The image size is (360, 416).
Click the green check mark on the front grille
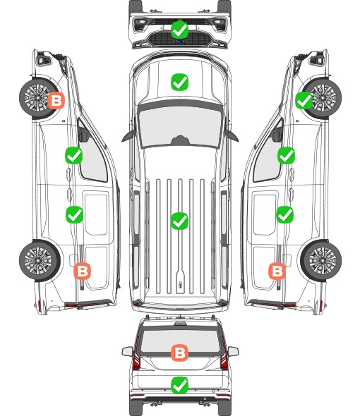pyautogui.click(x=179, y=30)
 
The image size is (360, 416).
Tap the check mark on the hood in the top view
pyautogui.click(x=179, y=82)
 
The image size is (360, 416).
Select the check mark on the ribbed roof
pyautogui.click(x=179, y=221)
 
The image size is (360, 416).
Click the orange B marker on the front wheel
pyautogui.click(x=56, y=100)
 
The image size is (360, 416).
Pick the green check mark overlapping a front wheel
pyautogui.click(x=304, y=101)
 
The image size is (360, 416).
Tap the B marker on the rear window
pyautogui.click(x=179, y=353)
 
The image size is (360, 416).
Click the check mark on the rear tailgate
pyautogui.click(x=179, y=385)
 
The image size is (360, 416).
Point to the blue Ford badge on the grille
pyautogui.click(x=179, y=41)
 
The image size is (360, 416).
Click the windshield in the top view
pyautogui.click(x=180, y=127)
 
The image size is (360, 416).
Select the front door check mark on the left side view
pyautogui.click(x=73, y=155)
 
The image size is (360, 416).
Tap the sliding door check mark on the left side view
pyautogui.click(x=74, y=214)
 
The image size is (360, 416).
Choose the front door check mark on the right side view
pyautogui.click(x=286, y=155)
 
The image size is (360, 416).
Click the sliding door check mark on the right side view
pyautogui.click(x=284, y=214)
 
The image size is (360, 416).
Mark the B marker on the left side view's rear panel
pyautogui.click(x=82, y=271)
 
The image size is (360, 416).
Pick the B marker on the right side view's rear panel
pyautogui.click(x=277, y=271)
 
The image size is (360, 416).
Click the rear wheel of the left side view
pyautogui.click(x=39, y=261)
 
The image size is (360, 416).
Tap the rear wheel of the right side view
pyautogui.click(x=322, y=261)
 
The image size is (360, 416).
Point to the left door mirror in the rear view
pyautogui.click(x=127, y=351)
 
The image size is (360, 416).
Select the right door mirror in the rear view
pyautogui.click(x=233, y=351)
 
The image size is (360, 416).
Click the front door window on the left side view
pyautogui.click(x=92, y=157)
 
